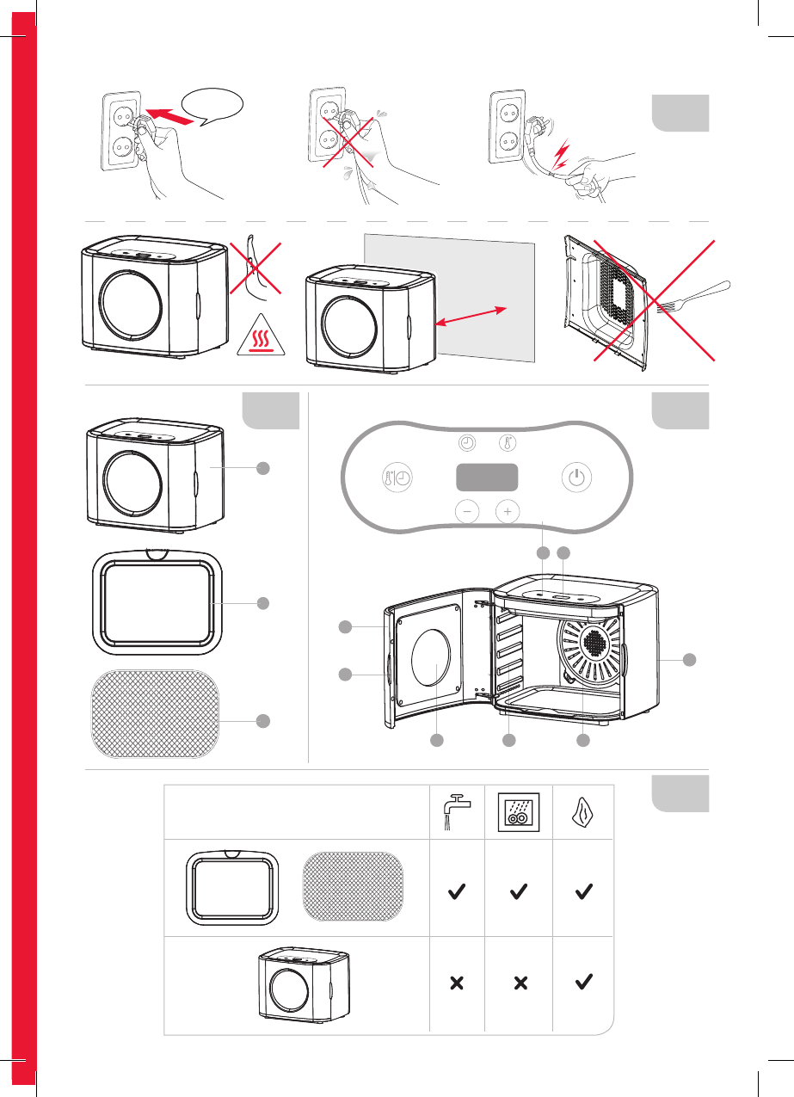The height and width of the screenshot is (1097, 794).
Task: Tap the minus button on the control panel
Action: tap(466, 511)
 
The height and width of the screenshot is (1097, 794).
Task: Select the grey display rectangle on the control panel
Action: tap(487, 478)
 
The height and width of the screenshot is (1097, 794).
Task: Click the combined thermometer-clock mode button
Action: tap(397, 478)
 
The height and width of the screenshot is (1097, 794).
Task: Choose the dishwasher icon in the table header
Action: tap(519, 811)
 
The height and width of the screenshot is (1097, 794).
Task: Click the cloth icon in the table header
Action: tap(583, 811)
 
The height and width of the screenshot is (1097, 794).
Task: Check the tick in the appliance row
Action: tap(583, 982)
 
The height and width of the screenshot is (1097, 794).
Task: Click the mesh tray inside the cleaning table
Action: tap(354, 888)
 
